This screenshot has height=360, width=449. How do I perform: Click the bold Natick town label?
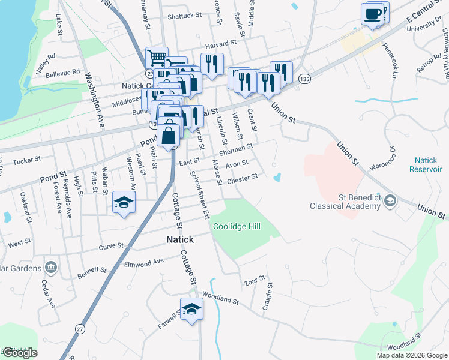pos(180,239)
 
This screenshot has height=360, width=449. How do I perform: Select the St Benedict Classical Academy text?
pos(345,202)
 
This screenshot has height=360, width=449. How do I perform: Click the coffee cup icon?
pos(372,13)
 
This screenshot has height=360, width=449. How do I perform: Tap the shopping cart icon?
pos(156,58)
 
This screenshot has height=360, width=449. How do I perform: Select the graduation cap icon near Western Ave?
pos(124,202)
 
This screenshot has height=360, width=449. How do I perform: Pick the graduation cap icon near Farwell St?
pos(191,309)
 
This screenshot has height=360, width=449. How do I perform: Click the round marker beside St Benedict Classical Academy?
pos(391,200)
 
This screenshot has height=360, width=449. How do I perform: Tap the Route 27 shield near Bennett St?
pos(79,328)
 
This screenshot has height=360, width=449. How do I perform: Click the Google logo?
pos(19,353)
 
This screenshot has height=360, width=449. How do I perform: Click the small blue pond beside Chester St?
pos(277,178)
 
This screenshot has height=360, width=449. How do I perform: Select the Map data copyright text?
pos(411,355)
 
